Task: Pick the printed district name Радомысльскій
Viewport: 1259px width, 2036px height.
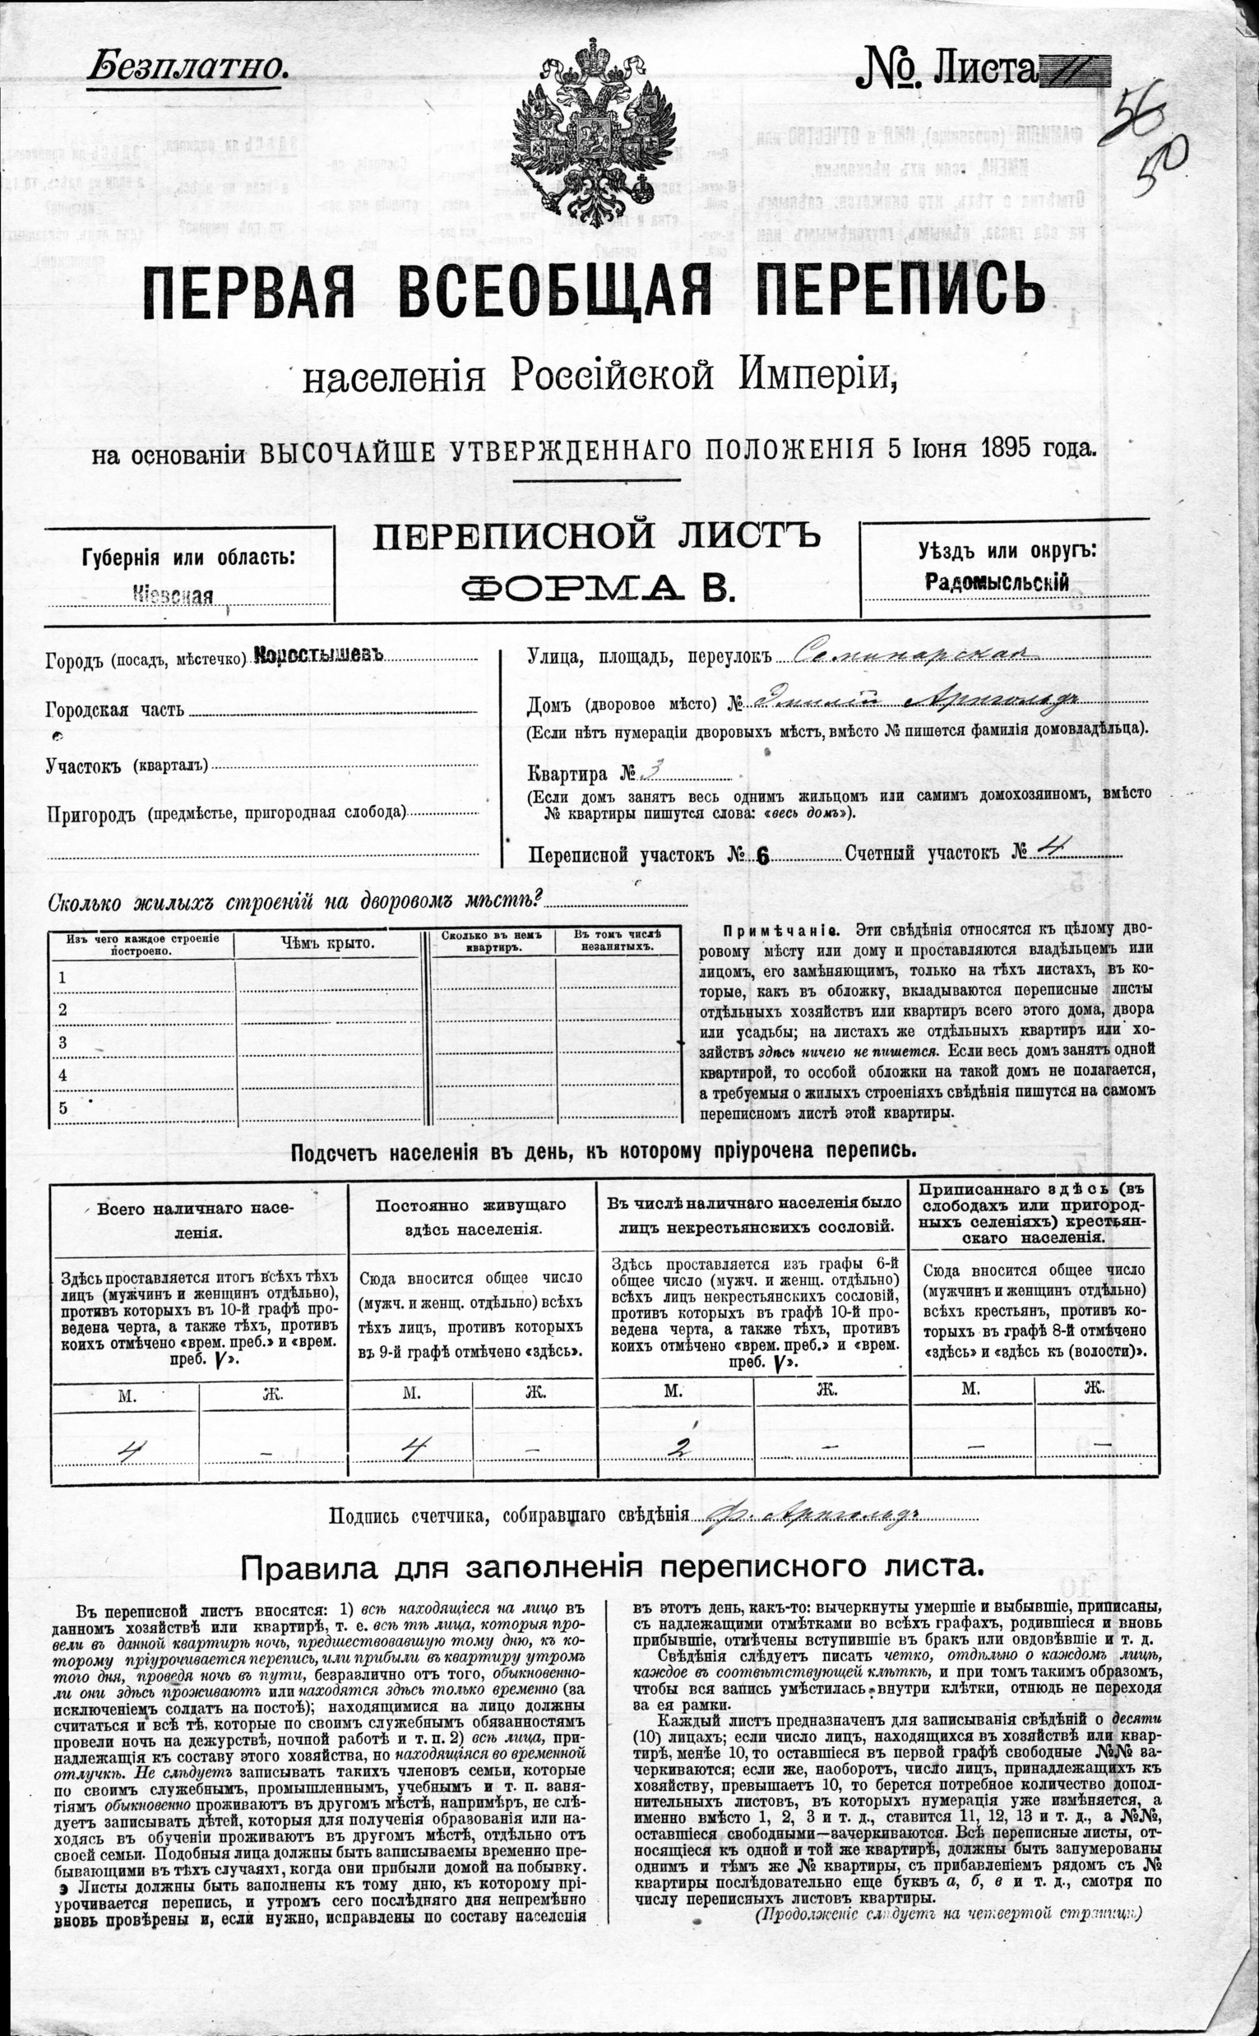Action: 997,583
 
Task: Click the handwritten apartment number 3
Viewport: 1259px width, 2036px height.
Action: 653,771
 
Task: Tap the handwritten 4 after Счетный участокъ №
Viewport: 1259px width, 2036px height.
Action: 1051,851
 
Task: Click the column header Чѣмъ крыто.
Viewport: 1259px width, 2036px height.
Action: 328,943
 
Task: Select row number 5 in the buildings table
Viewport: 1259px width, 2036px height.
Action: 62,1107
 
